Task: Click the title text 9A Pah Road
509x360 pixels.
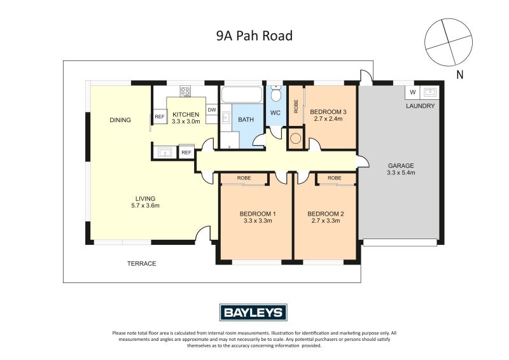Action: [x=254, y=36]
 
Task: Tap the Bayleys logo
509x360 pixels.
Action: [x=254, y=312]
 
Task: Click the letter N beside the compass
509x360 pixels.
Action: [x=459, y=74]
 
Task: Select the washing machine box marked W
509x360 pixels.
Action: [x=412, y=91]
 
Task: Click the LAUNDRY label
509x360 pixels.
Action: [x=421, y=106]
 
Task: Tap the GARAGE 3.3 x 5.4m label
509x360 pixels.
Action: [x=400, y=169]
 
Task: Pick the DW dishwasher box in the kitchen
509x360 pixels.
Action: [x=211, y=109]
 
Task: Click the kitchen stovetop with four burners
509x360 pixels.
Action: [x=186, y=92]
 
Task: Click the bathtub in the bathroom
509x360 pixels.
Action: [x=241, y=95]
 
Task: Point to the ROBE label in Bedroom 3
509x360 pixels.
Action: [x=296, y=106]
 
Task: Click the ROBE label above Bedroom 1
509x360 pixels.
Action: [x=244, y=179]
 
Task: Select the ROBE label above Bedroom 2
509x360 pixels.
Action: [x=335, y=179]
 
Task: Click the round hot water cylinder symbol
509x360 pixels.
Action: [x=296, y=138]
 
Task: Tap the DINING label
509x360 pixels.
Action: [x=120, y=120]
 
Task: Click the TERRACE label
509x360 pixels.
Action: [x=141, y=263]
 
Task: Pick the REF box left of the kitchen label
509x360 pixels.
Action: [x=159, y=117]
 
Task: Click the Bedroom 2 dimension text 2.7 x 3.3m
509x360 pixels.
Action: [x=325, y=221]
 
